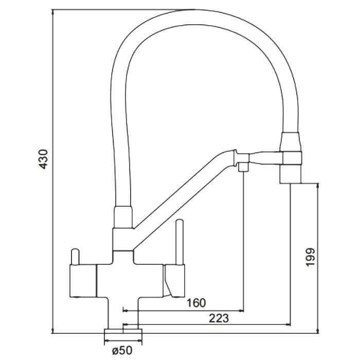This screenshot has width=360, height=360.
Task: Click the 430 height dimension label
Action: (44, 159)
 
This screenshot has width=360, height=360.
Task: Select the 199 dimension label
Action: (310, 257)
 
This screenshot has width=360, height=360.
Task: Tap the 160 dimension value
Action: (196, 303)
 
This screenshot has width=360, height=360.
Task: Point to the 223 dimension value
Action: (219, 318)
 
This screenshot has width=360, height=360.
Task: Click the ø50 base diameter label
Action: (122, 350)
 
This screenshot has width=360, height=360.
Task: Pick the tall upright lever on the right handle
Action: (179, 242)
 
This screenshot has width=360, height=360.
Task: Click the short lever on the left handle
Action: (75, 257)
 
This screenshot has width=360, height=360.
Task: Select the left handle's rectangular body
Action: (83, 281)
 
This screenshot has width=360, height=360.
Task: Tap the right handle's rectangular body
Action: (174, 281)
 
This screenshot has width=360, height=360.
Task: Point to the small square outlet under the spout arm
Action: (243, 167)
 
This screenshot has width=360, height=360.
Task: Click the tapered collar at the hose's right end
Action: (290, 141)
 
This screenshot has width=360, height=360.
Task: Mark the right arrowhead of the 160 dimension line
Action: (242, 311)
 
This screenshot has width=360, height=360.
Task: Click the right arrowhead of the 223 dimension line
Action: (288, 325)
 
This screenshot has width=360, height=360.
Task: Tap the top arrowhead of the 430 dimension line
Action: (53, 12)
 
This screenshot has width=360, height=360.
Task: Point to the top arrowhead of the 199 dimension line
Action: (317, 186)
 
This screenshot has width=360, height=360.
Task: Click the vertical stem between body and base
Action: (123, 313)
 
